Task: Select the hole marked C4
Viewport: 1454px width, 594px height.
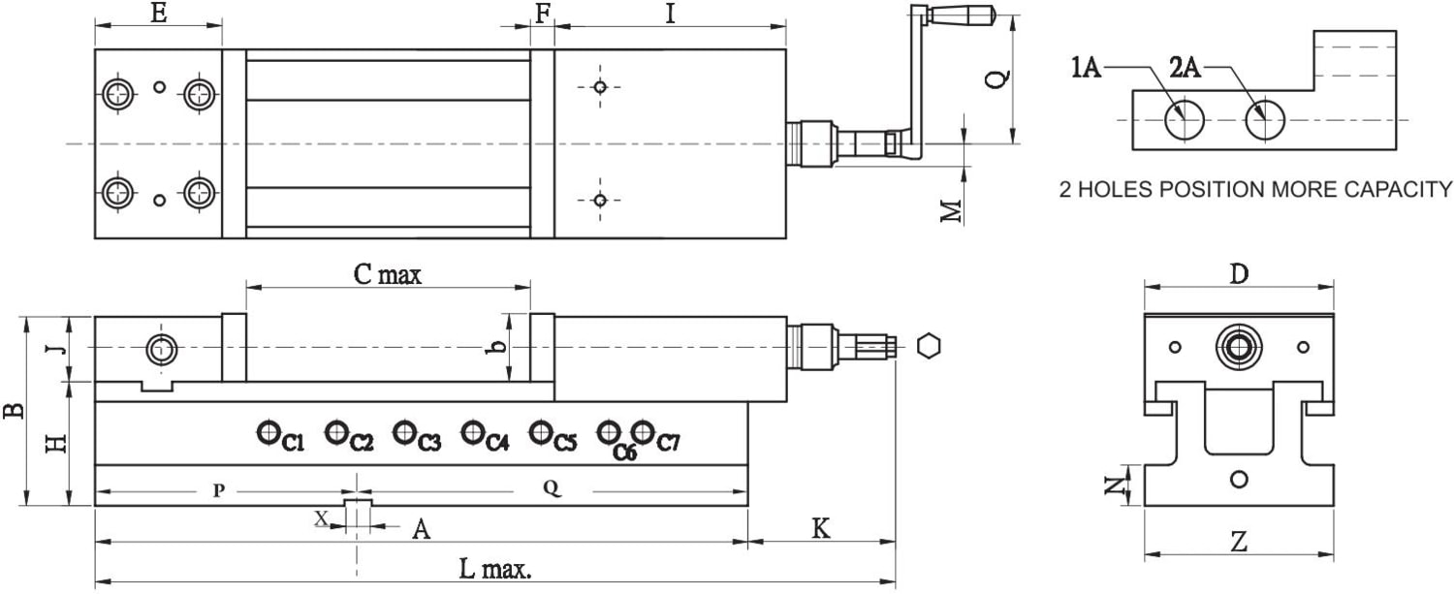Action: [x=473, y=432]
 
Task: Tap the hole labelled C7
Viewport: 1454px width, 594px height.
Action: [x=643, y=431]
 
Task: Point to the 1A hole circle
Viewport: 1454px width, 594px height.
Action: [x=1184, y=120]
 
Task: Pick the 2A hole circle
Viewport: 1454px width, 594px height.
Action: [x=1265, y=120]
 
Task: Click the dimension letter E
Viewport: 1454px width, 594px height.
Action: [x=159, y=14]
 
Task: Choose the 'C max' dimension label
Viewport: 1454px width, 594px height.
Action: [x=388, y=275]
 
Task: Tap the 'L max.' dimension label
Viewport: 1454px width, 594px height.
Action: [x=494, y=570]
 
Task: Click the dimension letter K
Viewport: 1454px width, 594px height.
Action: [x=820, y=529]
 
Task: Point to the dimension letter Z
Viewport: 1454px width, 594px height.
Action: [x=1238, y=543]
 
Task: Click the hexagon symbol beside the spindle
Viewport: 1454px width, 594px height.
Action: [x=928, y=346]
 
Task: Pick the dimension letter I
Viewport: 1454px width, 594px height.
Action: [x=669, y=14]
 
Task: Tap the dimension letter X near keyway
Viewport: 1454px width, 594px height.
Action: [x=322, y=518]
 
